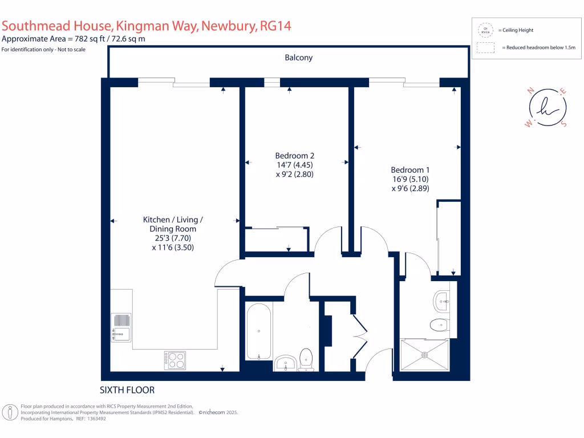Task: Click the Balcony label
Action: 299,58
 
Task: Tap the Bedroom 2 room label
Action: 294,155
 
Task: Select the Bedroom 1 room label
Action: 410,169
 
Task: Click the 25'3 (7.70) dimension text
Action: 173,238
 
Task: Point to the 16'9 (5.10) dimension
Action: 410,179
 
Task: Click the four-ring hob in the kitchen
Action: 175,360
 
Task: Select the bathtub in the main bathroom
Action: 259,331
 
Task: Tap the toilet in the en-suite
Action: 439,325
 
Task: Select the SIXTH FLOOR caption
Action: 127,390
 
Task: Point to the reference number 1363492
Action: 95,419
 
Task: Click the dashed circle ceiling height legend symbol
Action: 486,30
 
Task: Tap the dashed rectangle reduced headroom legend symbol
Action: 485,48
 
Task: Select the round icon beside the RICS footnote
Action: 10,412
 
